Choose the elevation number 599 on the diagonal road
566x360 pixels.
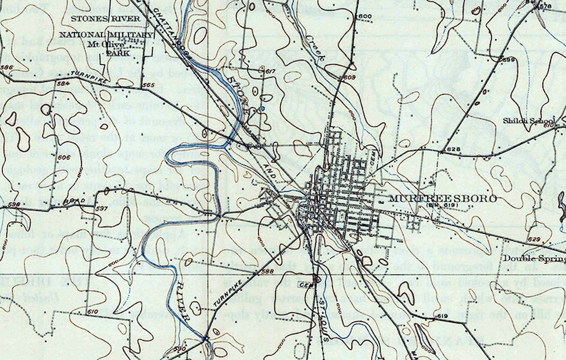[x=508, y=60]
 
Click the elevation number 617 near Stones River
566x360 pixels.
[x=269, y=72]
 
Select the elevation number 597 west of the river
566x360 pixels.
[x=101, y=208]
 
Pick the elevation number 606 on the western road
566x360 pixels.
[x=63, y=157]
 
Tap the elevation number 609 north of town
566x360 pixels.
[x=349, y=77]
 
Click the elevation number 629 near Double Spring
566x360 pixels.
[x=535, y=240]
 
